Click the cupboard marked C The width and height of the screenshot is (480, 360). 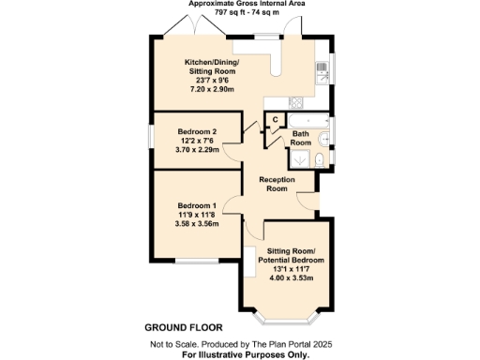275,119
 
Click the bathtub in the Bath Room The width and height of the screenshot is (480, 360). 305,120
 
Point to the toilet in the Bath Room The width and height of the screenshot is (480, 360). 319,161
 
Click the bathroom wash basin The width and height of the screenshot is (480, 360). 323,140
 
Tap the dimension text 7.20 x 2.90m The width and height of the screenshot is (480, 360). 211,88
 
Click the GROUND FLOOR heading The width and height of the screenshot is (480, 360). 183,328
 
